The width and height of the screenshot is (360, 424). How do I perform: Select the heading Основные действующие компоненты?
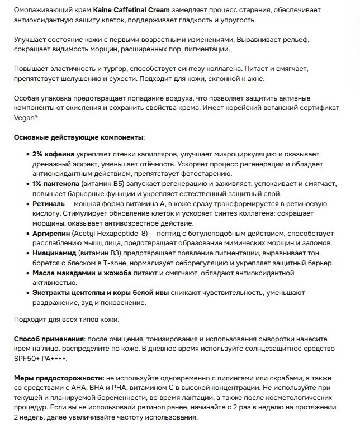(x=78, y=137)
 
